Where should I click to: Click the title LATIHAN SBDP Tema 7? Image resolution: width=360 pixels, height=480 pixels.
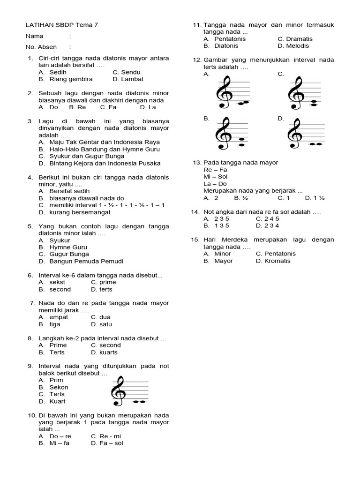coord(62,25)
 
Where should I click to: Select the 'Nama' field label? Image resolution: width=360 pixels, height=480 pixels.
coord(34,36)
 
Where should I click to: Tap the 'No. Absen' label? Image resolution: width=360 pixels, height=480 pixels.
coord(41,47)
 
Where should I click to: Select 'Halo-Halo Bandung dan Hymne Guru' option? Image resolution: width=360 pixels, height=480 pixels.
coord(105,149)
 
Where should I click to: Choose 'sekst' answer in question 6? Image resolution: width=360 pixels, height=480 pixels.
coord(57,282)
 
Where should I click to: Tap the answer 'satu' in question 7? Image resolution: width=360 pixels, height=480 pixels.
coord(105,324)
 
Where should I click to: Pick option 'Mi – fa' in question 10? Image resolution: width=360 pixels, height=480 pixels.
coord(59,443)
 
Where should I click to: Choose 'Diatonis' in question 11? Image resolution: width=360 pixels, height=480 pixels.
coord(226,46)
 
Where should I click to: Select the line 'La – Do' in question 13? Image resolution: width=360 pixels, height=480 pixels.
coord(216,184)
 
